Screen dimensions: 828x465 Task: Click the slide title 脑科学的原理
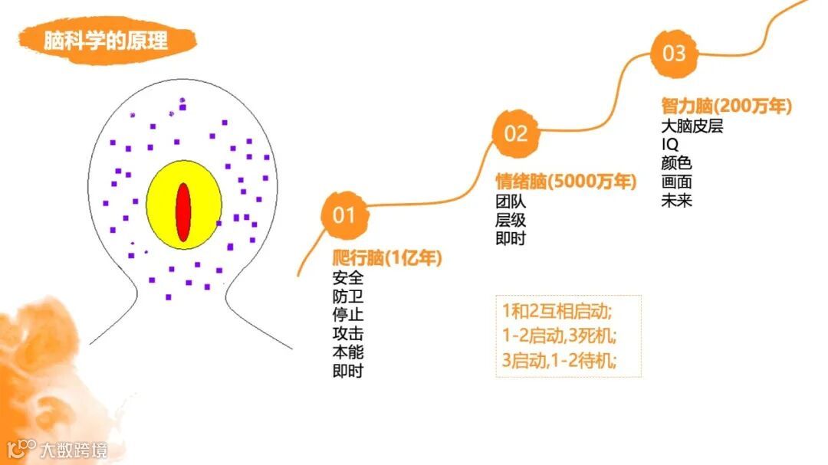coord(106,41)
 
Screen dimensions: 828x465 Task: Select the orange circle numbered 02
coord(515,134)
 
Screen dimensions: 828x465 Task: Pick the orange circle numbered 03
coord(674,54)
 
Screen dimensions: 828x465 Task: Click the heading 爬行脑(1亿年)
coord(387,259)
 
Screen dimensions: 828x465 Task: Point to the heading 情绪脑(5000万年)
coord(566,182)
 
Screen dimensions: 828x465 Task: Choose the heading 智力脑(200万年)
coord(726,106)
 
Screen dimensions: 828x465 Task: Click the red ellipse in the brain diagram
coord(183,214)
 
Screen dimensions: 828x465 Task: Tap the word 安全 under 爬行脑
coord(348,278)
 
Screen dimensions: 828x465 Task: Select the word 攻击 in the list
coord(348,334)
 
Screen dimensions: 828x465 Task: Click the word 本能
coord(348,352)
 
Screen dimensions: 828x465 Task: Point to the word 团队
coord(511,202)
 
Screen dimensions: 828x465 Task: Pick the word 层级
coord(511,221)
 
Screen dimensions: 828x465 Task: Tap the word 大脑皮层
coord(692,126)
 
